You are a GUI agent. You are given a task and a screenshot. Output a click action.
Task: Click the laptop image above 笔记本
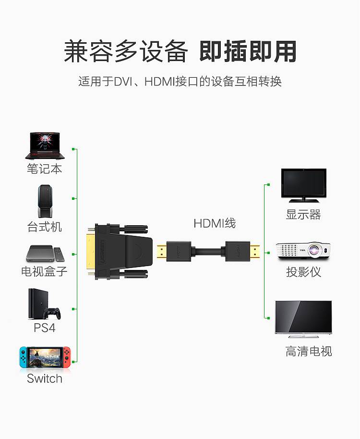tap(45, 146)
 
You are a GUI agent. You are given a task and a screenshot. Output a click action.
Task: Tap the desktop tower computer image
tap(45, 201)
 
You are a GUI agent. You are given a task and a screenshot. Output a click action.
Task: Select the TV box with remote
tap(45, 254)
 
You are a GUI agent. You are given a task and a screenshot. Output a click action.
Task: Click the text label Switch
tap(45, 378)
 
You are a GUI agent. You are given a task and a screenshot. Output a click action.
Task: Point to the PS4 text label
tap(45, 328)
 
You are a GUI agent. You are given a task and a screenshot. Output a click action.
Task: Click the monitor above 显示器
tap(303, 185)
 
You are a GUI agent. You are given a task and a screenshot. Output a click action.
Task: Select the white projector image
tap(303, 251)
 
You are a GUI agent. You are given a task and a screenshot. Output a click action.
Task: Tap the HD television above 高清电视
tap(303, 319)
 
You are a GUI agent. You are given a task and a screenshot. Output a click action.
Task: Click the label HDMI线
tap(215, 223)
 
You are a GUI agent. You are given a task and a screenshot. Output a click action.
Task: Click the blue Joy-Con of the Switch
tap(23, 357)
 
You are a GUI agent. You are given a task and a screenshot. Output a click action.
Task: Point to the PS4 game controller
tap(51, 314)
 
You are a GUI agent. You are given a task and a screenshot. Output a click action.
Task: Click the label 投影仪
tap(303, 272)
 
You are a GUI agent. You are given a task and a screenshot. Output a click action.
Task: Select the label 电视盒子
tap(45, 271)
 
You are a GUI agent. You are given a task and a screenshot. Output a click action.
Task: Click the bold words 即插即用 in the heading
tap(248, 51)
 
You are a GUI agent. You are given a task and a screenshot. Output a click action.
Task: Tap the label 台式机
tap(45, 227)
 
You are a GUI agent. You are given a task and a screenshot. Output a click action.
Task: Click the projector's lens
tap(315, 249)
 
